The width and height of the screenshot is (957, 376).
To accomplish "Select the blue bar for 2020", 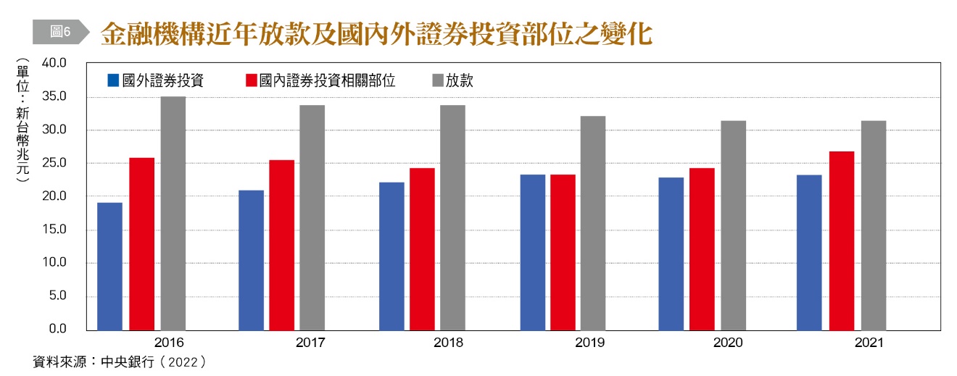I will click(x=671, y=254).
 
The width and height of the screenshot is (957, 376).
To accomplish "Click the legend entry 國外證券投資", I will click(x=154, y=80).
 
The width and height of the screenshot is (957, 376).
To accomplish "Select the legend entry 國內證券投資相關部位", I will click(x=320, y=80).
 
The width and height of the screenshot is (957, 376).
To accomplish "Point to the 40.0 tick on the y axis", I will click(x=54, y=64).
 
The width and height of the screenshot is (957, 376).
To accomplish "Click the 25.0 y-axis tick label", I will click(x=54, y=164).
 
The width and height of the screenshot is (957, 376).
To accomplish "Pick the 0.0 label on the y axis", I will click(x=57, y=330).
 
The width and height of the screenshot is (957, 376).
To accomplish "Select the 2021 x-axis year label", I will click(x=869, y=343).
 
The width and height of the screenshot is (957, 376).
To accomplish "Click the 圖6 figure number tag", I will click(x=60, y=31).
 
